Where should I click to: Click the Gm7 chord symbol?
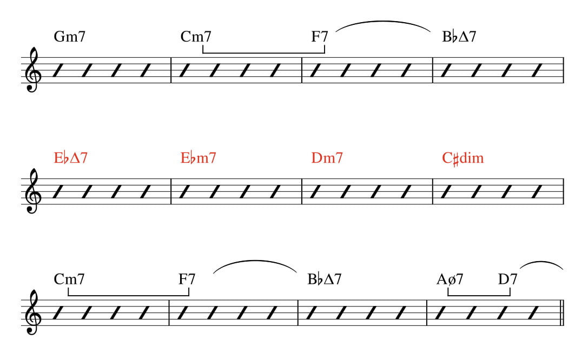tap(70, 37)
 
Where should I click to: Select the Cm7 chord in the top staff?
tap(196, 37)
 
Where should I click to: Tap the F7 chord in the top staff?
tap(320, 37)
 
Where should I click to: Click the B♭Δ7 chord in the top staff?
tap(459, 37)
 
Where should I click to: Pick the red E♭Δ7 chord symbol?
tap(71, 158)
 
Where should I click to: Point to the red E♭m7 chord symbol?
tap(199, 158)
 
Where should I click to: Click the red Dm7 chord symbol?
tap(327, 158)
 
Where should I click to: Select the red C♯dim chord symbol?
tap(463, 158)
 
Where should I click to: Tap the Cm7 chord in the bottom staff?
tap(69, 279)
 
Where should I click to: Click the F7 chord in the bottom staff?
tap(187, 279)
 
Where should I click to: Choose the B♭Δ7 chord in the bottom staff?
tap(325, 279)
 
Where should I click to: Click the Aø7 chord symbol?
tap(450, 279)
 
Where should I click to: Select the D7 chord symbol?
tap(508, 279)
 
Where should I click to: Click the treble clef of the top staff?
tap(32, 70)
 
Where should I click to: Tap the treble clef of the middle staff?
tap(32, 191)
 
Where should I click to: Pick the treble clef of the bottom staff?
tap(32, 312)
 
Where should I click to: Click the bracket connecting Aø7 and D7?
tap(479, 295)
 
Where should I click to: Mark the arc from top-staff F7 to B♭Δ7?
tap(383, 22)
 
